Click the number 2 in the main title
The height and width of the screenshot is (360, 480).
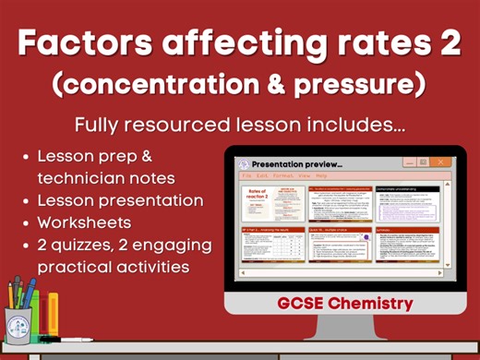pos(449,43)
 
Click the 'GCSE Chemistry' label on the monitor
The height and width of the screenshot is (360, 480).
pos(345,303)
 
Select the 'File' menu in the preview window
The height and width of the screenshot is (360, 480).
pos(246,174)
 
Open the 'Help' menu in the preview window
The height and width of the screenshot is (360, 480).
pos(321,174)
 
